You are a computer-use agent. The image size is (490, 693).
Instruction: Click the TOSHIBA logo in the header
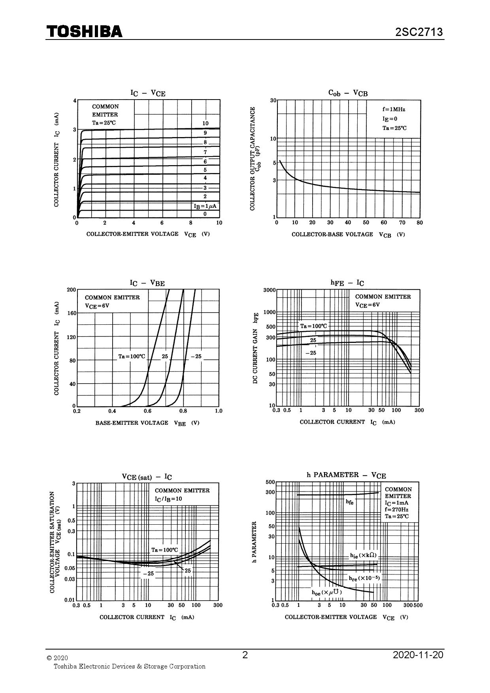pyautogui.click(x=85, y=31)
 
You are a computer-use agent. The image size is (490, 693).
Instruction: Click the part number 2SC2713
pyautogui.click(x=419, y=32)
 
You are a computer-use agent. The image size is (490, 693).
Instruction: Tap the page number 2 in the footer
pyautogui.click(x=245, y=655)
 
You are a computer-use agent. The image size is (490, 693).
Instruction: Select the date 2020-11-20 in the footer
pyautogui.click(x=418, y=655)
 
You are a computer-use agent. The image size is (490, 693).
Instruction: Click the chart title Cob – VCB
pyautogui.click(x=348, y=93)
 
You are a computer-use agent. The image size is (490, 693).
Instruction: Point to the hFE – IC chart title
pyautogui.click(x=347, y=283)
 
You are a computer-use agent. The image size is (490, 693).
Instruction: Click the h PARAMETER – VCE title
pyautogui.click(x=346, y=475)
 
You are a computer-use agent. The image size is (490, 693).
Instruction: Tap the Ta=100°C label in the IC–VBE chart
pyautogui.click(x=132, y=356)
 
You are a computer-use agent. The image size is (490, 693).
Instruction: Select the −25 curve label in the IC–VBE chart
pyautogui.click(x=196, y=356)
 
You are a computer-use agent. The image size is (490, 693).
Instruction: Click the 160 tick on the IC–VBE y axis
pyautogui.click(x=72, y=313)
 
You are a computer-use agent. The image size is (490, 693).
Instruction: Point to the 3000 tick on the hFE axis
pyautogui.click(x=269, y=290)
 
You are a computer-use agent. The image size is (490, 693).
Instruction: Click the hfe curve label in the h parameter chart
pyautogui.click(x=350, y=502)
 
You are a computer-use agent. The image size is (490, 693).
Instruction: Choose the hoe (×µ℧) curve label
pyautogui.click(x=327, y=592)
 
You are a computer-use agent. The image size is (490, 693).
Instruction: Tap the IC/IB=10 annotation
pyautogui.click(x=168, y=499)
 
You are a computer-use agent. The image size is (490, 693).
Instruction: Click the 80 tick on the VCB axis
pyautogui.click(x=420, y=223)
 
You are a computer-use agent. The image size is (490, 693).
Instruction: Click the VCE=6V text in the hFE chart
pyautogui.click(x=367, y=305)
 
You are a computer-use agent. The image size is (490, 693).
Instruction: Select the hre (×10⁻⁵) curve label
pyautogui.click(x=364, y=578)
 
